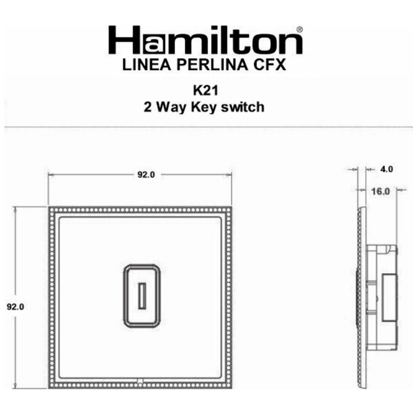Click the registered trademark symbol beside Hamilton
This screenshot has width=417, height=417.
coord(300,29)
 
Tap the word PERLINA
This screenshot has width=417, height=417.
coord(206,65)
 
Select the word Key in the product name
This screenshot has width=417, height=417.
coord(200,106)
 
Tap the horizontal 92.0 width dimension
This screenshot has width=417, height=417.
coord(146,175)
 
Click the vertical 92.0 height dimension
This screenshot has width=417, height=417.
coord(15,306)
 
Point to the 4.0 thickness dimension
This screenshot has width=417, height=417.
coord(386,169)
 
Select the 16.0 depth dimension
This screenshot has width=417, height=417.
coord(381,191)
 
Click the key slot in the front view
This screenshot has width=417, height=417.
coord(141,296)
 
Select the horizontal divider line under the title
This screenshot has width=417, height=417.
coord(208,127)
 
